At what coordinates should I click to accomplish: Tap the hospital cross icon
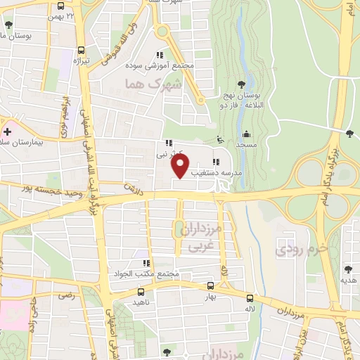coord(8,131)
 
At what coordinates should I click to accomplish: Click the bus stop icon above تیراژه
coord(82,51)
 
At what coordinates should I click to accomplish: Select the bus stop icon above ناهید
coord(141,291)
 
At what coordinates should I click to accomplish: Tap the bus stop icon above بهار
coord(210,286)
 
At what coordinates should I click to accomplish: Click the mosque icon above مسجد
coord(246,134)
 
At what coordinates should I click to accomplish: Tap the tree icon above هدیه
coord(348,269)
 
